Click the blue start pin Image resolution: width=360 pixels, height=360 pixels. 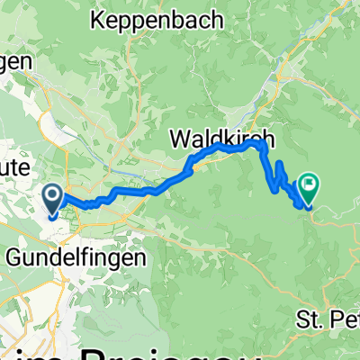coord(53,198)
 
